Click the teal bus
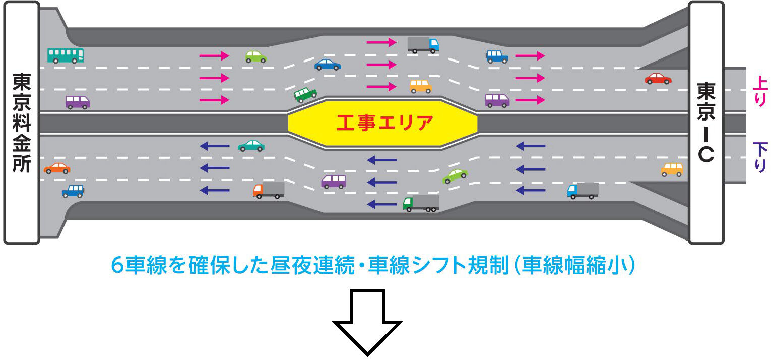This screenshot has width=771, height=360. [x=66, y=55]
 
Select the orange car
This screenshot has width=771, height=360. [x=57, y=168]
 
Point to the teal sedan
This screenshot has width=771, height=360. [x=251, y=146]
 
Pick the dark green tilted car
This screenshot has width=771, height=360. [x=305, y=94]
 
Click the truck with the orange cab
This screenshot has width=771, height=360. [x=269, y=190]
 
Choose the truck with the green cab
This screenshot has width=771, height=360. [x=421, y=203]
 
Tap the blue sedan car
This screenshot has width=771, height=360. [x=328, y=65]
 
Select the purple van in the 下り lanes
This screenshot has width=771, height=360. [x=334, y=181]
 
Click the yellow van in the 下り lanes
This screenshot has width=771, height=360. [x=672, y=169]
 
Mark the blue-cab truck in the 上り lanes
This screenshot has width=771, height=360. [x=423, y=44]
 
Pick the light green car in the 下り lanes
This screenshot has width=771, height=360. [x=455, y=175]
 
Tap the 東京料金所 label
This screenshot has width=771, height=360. [x=22, y=123]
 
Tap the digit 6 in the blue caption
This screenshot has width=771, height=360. [x=117, y=266]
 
